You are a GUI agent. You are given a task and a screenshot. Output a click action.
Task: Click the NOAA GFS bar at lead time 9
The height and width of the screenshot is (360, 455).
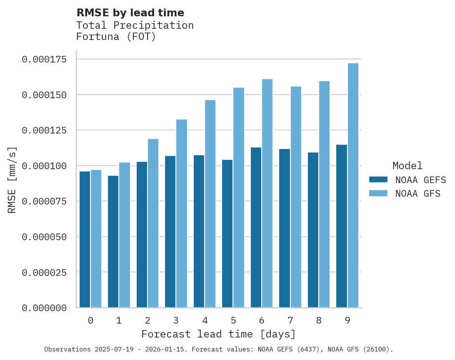pos(353,185)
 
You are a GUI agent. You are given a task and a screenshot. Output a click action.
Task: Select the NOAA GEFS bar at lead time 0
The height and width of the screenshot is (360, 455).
pos(85,239)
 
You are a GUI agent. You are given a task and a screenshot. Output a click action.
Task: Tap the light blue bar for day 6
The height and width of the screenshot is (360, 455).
pos(267,193)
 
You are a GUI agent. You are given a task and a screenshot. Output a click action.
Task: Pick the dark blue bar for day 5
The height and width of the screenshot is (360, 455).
pos(227,234)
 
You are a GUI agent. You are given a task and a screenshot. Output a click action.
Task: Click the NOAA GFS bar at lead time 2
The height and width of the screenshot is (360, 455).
pos(153,223)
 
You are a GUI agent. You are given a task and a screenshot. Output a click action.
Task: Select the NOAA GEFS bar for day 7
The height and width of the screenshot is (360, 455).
pos(285,228)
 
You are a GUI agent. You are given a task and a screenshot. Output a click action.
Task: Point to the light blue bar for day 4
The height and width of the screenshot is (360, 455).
pos(210,204)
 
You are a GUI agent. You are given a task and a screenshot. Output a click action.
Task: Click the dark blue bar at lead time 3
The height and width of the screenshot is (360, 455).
pos(170,232)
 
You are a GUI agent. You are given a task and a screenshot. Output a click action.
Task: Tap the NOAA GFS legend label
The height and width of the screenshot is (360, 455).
pos(418,193)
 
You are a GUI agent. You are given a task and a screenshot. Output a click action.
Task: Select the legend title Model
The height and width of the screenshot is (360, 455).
pos(407,166)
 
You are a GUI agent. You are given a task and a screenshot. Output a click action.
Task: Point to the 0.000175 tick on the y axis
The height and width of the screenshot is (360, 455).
pos(50,59)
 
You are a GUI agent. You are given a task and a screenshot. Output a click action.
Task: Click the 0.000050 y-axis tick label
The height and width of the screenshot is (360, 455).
pos(50,237)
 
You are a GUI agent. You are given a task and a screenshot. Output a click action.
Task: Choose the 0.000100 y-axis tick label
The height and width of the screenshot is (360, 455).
pos(50,166)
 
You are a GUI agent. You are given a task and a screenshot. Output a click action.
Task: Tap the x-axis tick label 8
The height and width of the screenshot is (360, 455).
pos(319,320)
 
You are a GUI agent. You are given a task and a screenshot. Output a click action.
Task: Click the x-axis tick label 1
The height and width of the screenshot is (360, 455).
pos(119,320)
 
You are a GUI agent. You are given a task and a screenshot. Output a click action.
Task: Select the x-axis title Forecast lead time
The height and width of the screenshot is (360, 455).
pos(219,334)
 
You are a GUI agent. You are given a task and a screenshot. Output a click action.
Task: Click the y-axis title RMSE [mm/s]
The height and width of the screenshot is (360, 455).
pos(12,180)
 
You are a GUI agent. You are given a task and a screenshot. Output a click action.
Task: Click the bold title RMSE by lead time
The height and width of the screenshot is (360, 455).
pos(130,13)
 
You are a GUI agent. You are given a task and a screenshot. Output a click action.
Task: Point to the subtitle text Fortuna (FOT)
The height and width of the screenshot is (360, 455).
pos(116,37)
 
